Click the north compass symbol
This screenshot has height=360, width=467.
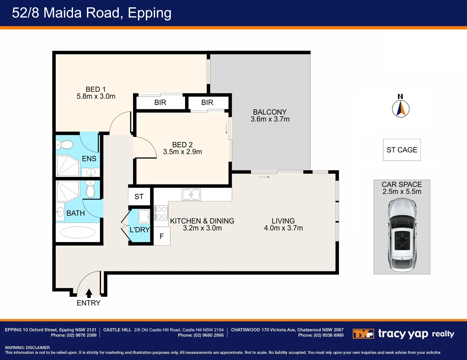(x=401, y=108)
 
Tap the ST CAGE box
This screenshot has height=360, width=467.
(x=402, y=150)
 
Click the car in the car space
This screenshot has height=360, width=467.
(x=402, y=235)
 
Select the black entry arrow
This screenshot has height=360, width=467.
(x=89, y=293)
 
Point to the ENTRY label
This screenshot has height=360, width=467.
(x=88, y=303)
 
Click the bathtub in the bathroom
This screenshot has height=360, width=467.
(x=78, y=232)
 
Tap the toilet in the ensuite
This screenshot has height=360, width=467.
(x=65, y=145)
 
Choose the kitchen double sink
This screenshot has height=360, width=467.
(x=191, y=195)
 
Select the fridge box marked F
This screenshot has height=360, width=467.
(x=162, y=236)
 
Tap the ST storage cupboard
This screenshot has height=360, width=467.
(x=139, y=197)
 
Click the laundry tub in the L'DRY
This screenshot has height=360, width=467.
(x=144, y=216)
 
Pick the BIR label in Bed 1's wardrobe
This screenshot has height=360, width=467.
(x=160, y=103)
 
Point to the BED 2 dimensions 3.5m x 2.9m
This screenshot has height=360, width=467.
(x=182, y=152)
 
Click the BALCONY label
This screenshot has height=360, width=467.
(x=270, y=112)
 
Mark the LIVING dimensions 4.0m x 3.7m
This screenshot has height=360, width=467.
(x=283, y=228)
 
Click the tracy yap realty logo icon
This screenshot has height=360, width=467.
(x=363, y=334)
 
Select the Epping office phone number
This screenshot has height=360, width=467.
(x=82, y=335)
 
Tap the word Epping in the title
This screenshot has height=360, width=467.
(x=149, y=13)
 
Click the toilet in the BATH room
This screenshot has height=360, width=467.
(x=90, y=190)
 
